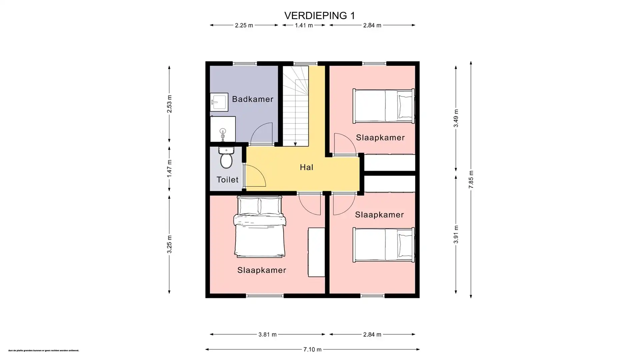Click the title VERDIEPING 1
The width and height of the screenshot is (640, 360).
pyautogui.click(x=319, y=16)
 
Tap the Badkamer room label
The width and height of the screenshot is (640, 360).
pyautogui.click(x=253, y=99)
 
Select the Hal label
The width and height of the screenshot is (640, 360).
pyautogui.click(x=306, y=167)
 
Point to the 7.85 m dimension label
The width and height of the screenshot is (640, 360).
pyautogui.click(x=471, y=180)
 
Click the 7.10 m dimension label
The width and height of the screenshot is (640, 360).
pyautogui.click(x=312, y=349)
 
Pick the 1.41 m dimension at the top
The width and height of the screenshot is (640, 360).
pyautogui.click(x=304, y=25)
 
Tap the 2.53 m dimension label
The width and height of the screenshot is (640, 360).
pyautogui.click(x=169, y=104)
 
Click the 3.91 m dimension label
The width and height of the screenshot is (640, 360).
pyautogui.click(x=456, y=234)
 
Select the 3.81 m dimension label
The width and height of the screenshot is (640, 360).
pyautogui.click(x=267, y=334)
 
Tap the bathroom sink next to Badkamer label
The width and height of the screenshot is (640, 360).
pyautogui.click(x=219, y=102)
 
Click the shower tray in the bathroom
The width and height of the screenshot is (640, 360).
pyautogui.click(x=223, y=129)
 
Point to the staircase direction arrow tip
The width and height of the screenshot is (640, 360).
pyautogui.click(x=295, y=145)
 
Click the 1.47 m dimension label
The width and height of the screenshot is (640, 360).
pyautogui.click(x=169, y=168)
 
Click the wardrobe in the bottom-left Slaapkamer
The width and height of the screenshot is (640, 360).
pyautogui.click(x=316, y=252)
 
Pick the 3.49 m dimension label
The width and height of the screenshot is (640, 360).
pyautogui.click(x=456, y=118)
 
